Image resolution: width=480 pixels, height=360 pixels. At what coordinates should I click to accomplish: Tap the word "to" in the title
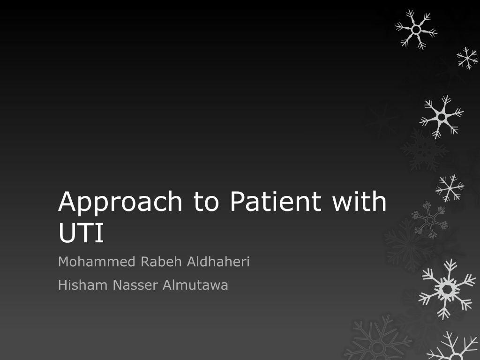pos(206,202)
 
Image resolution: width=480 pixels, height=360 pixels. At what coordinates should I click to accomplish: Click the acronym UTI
pos(81,232)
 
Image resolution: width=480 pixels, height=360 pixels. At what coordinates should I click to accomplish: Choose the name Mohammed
pos(97,262)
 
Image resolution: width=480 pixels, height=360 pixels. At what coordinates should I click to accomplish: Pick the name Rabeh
pos(161,262)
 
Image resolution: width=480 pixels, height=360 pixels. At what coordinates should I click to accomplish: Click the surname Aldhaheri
pos(218,262)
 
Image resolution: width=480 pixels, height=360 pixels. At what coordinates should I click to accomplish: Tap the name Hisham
pos(82,285)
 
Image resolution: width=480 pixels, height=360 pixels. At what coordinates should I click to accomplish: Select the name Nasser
pos(135,285)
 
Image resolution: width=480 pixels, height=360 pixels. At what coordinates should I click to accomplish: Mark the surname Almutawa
pos(195,285)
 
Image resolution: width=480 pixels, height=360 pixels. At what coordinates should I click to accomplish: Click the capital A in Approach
pos(67,201)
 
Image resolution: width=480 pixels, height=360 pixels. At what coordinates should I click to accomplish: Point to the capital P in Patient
pos(237,201)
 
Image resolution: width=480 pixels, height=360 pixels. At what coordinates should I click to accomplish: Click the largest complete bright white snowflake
pos(447,289)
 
